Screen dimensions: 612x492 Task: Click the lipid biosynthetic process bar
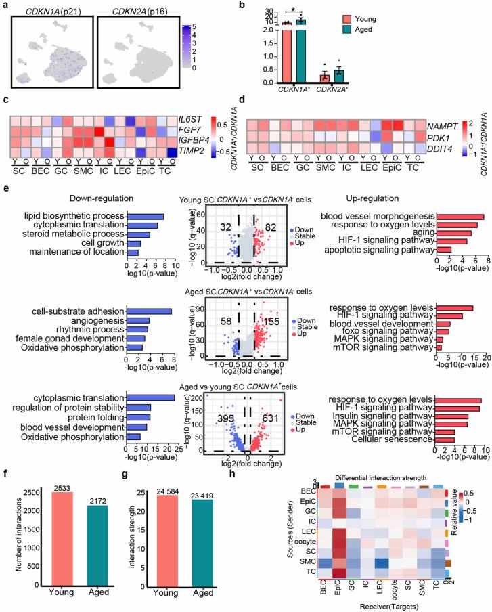click(146, 217)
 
